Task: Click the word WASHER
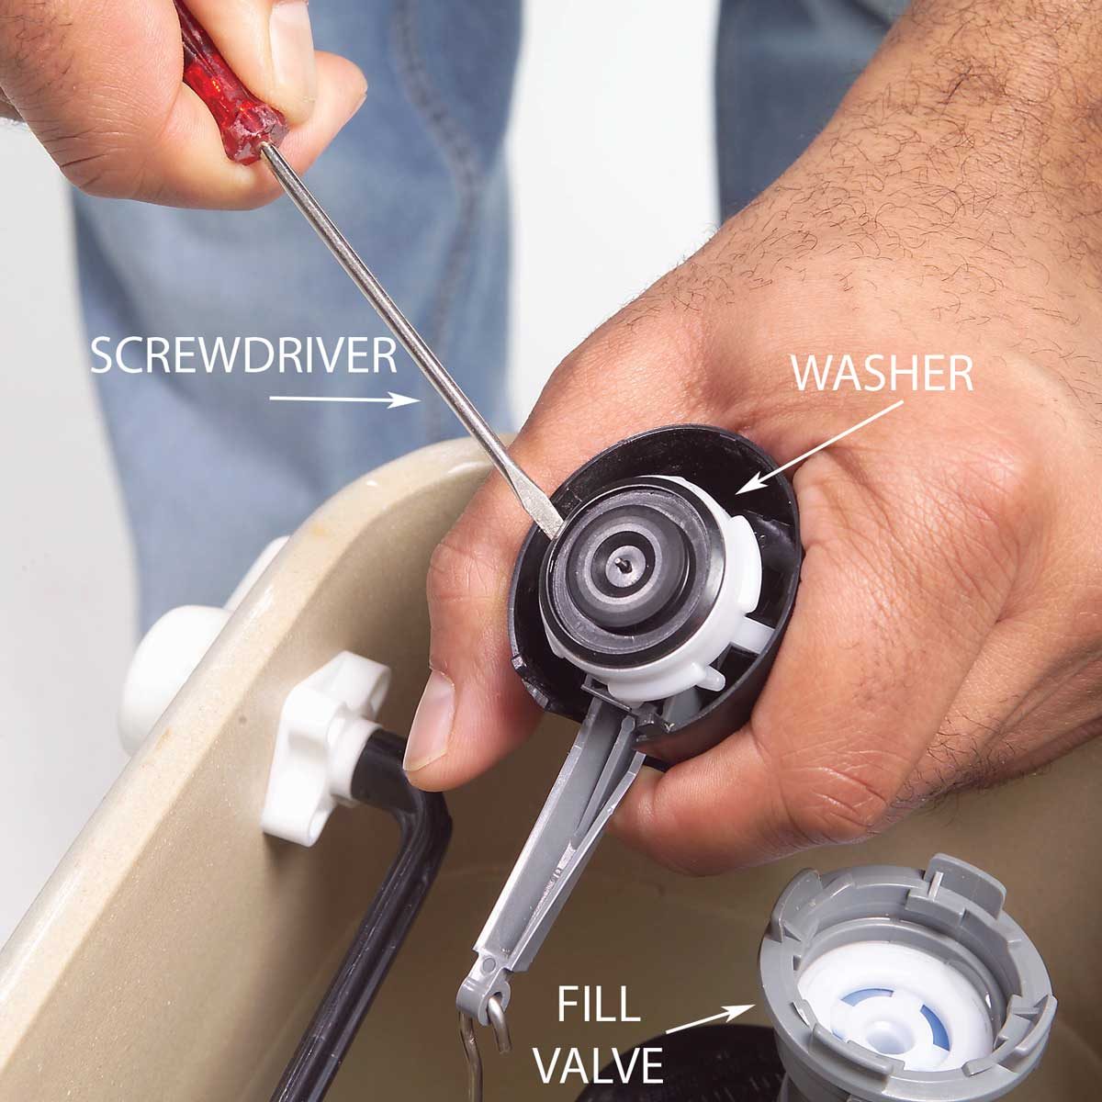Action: (x=882, y=374)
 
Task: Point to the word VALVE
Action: (x=599, y=1066)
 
